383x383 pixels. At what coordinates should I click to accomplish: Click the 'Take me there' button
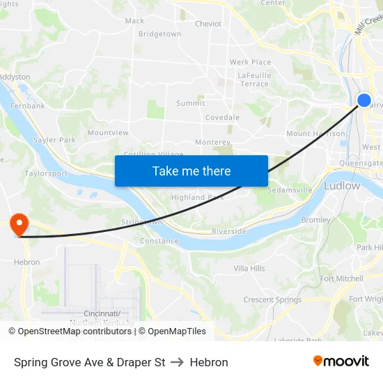coord(191,171)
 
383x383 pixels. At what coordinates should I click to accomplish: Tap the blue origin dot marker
coord(364,100)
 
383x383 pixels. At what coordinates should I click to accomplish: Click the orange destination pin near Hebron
coord(18,224)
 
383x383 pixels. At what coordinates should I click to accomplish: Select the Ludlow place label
coord(342,186)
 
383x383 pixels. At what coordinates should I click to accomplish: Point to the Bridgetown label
coord(159,33)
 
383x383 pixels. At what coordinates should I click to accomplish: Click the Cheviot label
coord(208,24)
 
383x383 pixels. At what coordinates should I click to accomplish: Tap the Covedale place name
coord(222,118)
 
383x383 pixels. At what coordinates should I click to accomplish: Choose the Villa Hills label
coord(249,268)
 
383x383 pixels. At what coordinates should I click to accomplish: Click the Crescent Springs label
coord(272,300)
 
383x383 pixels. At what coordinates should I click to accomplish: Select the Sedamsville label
coord(290,189)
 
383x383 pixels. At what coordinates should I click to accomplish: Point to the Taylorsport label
coord(46,173)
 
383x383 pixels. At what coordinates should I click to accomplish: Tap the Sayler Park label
coord(54,140)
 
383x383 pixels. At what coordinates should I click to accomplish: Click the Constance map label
coord(159,241)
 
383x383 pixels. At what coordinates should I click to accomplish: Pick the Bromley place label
coord(315,220)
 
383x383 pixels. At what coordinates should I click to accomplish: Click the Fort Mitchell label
coord(341,279)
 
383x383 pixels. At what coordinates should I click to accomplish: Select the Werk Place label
coord(250,62)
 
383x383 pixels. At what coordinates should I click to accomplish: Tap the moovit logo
coord(341,361)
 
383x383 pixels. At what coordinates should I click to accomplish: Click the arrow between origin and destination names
coord(177,362)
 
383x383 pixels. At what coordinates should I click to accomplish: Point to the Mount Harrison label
coord(315,134)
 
